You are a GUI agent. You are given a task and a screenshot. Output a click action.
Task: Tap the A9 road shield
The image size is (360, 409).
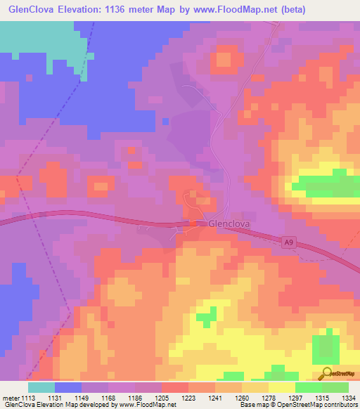click(x=288, y=242)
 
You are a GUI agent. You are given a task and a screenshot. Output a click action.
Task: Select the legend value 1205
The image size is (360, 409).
click(x=161, y=398)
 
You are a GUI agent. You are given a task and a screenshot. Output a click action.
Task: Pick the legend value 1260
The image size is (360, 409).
click(x=240, y=398)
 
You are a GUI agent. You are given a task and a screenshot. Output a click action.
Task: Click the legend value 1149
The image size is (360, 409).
click(x=82, y=398)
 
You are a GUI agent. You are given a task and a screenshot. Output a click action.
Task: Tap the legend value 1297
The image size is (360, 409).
click(x=295, y=398)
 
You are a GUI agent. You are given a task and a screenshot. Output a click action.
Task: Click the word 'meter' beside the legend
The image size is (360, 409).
click(x=9, y=398)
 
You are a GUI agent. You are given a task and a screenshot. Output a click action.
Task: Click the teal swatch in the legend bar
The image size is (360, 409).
click(x=41, y=387)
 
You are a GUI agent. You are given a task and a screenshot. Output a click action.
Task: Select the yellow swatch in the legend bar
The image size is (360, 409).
click(x=281, y=387)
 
